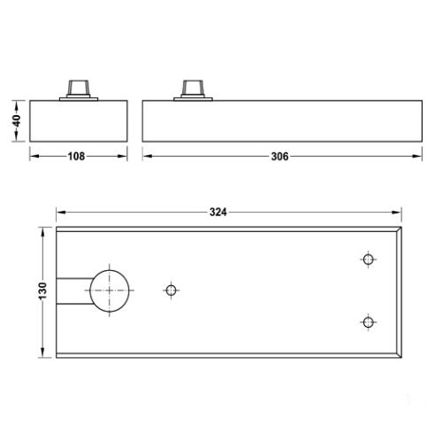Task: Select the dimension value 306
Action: click(279, 157)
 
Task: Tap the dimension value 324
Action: click(219, 213)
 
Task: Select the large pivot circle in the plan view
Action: click(108, 290)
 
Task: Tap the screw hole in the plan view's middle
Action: click(171, 290)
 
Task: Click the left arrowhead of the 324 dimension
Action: click(61, 213)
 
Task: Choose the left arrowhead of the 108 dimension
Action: click(34, 157)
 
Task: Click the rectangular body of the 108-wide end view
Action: click(79, 119)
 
